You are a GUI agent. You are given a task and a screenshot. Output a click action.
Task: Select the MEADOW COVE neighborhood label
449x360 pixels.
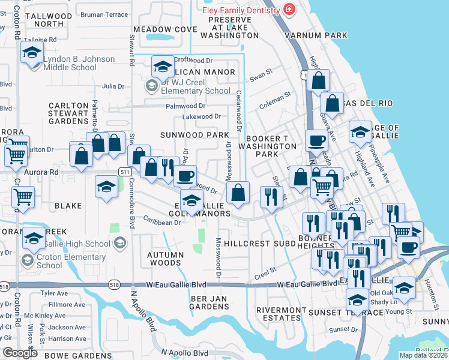pyautogui.click(x=165, y=29)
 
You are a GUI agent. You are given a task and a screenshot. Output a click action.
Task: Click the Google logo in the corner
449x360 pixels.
pyautogui.click(x=20, y=353)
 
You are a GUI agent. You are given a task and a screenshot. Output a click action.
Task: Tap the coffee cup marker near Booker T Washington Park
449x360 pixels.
pyautogui.click(x=316, y=141)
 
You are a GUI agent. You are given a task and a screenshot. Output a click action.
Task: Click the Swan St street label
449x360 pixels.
pyautogui.click(x=261, y=77)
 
